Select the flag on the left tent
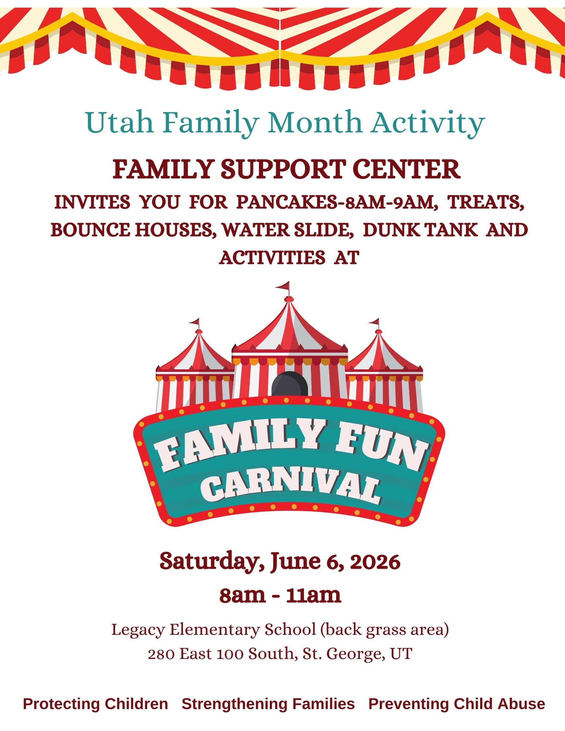pyautogui.click(x=195, y=322)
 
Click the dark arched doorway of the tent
pyautogui.click(x=290, y=384)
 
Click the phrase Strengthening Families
pyautogui.click(x=268, y=704)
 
